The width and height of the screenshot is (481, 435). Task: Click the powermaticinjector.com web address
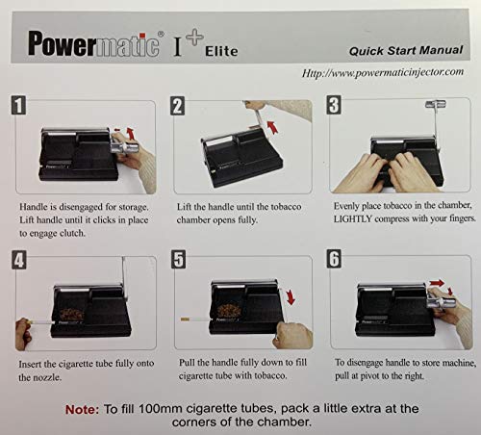tap(382, 73)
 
